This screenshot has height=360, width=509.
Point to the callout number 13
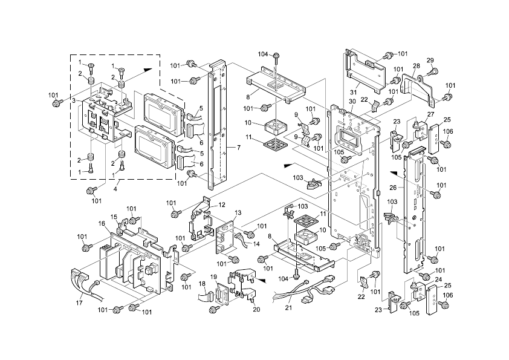(x=238, y=213)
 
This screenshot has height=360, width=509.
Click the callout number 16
(x=102, y=223)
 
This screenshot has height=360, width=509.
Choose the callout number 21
(x=288, y=307)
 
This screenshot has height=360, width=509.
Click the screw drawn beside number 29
(x=433, y=72)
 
